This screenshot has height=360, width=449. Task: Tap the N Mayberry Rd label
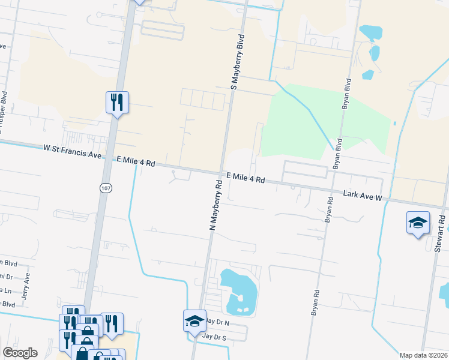tap(216, 204)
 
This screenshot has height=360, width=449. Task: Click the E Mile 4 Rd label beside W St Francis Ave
tap(136, 162)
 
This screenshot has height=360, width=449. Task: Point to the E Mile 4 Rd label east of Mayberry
tap(246, 178)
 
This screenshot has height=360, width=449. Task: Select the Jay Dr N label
tap(218, 322)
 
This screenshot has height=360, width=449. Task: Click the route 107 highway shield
tap(104, 188)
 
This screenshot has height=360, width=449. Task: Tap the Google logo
tap(20, 353)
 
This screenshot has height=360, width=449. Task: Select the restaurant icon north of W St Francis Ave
tap(116, 102)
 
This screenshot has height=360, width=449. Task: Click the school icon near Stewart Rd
tap(418, 223)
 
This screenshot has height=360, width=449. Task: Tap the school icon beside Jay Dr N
tap(194, 320)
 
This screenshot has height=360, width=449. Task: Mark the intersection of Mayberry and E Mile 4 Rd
tap(220, 173)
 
